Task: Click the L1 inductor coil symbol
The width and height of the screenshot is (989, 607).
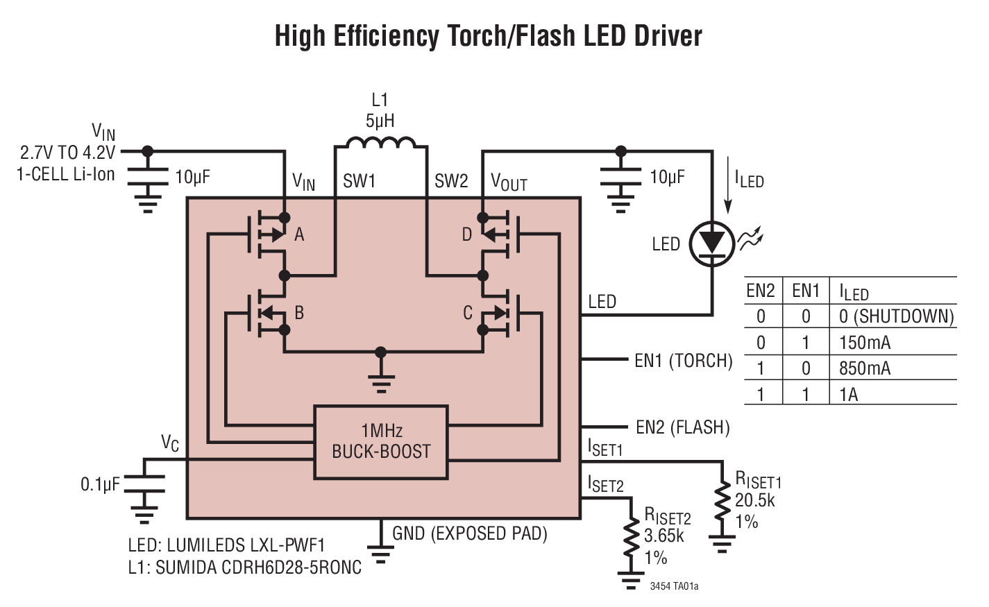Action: click(380, 143)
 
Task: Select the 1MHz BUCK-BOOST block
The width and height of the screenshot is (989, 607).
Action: click(381, 442)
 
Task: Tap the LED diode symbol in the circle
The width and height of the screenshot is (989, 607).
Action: click(712, 243)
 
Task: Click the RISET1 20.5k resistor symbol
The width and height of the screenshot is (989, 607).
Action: click(722, 500)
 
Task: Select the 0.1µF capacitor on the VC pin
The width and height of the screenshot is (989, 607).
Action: click(144, 484)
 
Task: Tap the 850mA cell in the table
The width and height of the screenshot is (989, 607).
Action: click(864, 368)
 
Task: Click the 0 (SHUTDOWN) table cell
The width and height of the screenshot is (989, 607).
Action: click(896, 316)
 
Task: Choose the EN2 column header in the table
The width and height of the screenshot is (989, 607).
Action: click(761, 291)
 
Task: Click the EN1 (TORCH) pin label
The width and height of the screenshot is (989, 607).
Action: click(683, 361)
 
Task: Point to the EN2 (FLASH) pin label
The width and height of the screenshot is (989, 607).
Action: click(682, 427)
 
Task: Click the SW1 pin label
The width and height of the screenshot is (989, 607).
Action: click(359, 182)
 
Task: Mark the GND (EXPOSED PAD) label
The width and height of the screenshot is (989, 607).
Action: click(469, 533)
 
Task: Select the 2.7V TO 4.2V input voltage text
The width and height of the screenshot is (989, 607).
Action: click(67, 153)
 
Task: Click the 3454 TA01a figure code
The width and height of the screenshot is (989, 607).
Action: click(674, 586)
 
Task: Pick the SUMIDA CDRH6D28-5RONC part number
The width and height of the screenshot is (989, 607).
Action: click(258, 567)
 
